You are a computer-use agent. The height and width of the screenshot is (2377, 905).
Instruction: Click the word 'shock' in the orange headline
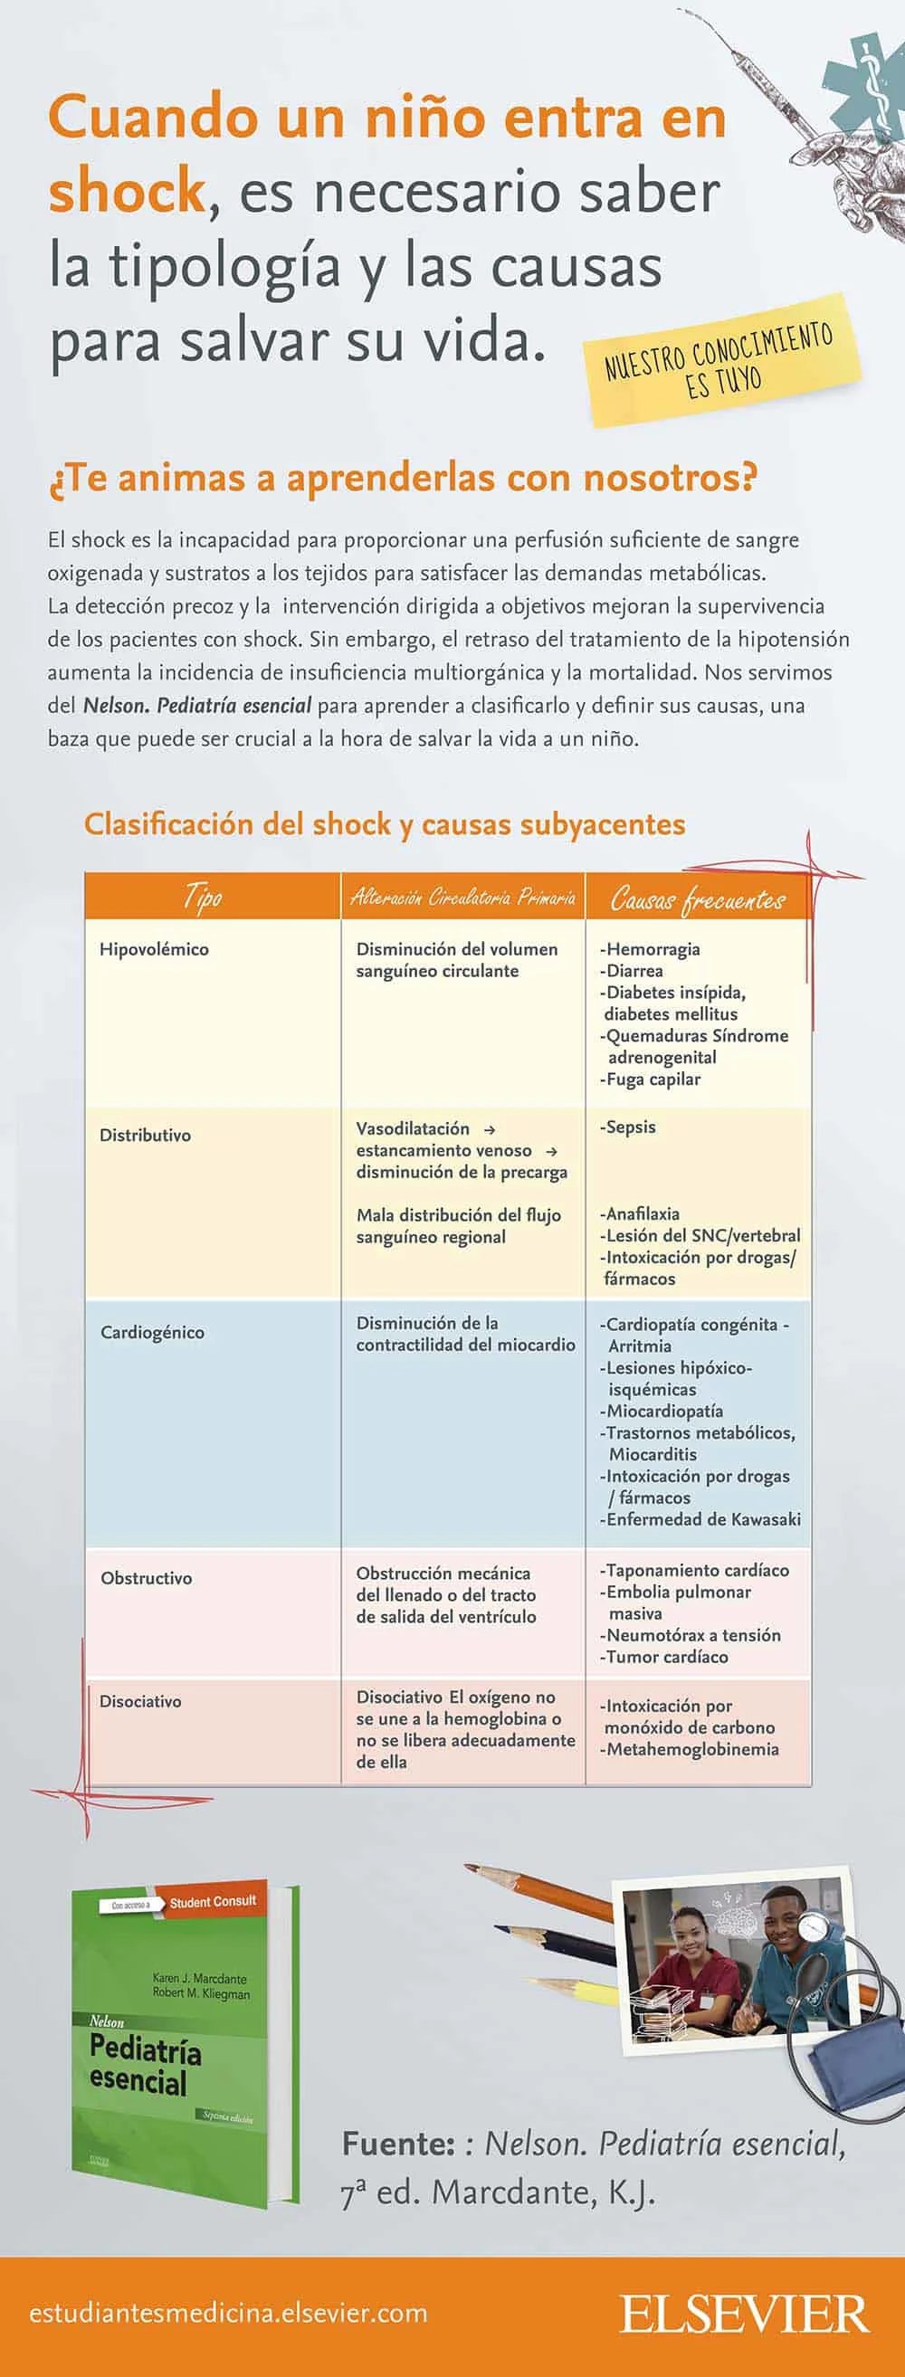click(x=127, y=191)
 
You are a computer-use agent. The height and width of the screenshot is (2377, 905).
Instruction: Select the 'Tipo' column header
click(x=203, y=896)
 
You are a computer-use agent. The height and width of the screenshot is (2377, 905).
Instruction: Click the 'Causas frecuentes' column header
click(x=698, y=899)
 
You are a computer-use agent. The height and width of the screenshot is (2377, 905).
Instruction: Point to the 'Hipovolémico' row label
click(x=154, y=949)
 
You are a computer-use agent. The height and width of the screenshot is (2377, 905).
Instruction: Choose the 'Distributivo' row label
click(x=145, y=1136)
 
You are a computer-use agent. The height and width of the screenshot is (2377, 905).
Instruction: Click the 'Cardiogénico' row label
click(x=152, y=1333)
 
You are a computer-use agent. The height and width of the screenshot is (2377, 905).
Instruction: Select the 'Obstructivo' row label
click(x=147, y=1579)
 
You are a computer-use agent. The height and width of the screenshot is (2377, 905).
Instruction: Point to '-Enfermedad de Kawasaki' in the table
click(x=700, y=1520)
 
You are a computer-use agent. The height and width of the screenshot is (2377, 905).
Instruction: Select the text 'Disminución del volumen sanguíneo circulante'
click(x=457, y=960)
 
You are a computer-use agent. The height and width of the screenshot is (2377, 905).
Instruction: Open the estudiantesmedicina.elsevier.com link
click(x=229, y=2315)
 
